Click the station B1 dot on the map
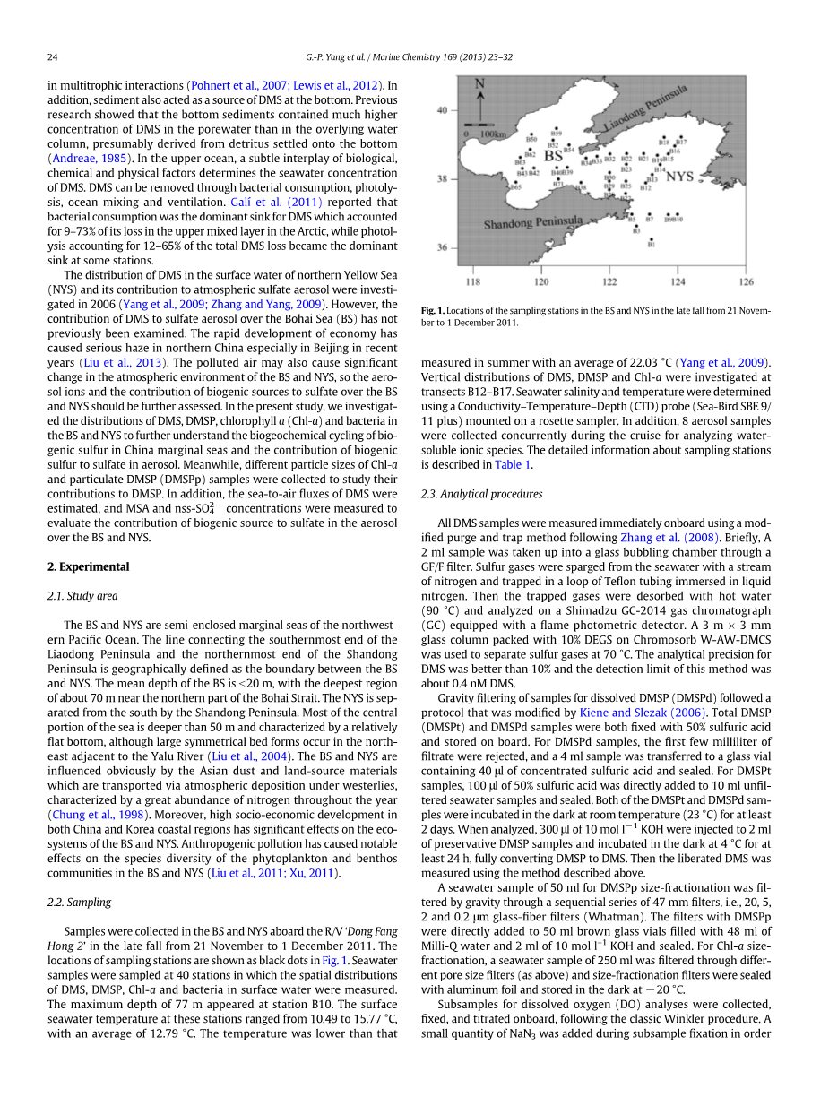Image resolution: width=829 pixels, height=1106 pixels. click(x=652, y=238)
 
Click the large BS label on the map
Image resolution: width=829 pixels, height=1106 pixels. click(x=554, y=156)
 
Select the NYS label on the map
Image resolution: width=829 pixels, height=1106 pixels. click(x=679, y=177)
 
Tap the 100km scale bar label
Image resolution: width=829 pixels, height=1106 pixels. click(x=493, y=134)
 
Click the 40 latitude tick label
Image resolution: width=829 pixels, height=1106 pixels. click(x=442, y=111)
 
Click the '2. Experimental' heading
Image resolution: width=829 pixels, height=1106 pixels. click(x=88, y=566)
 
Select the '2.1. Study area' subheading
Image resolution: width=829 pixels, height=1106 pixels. click(x=82, y=596)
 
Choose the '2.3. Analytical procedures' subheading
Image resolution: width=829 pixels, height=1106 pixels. click(x=481, y=494)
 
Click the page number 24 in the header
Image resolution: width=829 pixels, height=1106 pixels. click(x=52, y=57)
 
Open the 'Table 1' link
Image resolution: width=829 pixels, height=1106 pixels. click(x=514, y=464)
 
